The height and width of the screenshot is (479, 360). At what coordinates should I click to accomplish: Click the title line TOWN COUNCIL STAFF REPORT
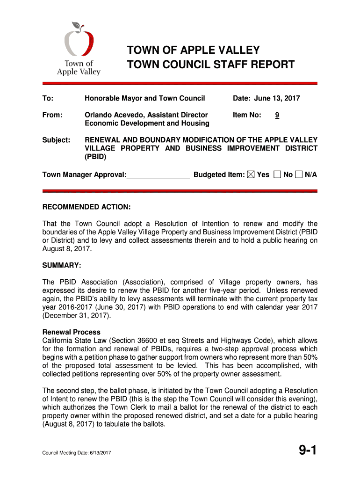[x=211, y=65]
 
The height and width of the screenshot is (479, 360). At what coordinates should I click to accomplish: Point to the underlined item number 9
[x=277, y=115]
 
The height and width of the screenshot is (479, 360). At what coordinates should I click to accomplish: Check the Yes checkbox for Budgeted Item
[x=251, y=174]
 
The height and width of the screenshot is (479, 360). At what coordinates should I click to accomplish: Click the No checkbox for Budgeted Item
[x=278, y=174]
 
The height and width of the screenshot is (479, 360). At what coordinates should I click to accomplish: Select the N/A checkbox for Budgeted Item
[x=299, y=174]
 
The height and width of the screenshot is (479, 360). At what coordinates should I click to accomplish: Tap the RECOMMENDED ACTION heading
[x=86, y=207]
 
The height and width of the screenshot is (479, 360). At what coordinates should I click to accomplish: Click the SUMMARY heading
[x=62, y=266]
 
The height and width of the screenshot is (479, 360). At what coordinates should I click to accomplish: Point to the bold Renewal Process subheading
[x=72, y=332]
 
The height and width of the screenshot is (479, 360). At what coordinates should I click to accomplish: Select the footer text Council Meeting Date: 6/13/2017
[x=77, y=453]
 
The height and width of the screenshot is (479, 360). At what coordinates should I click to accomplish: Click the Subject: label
[x=57, y=140]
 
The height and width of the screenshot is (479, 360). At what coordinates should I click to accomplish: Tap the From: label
[x=52, y=115]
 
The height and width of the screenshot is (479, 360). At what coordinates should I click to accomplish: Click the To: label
[x=48, y=98]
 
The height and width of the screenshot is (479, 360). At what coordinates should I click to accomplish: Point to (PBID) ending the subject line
[x=96, y=157]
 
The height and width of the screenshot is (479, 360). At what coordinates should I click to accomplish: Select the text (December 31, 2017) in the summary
[x=77, y=315]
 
